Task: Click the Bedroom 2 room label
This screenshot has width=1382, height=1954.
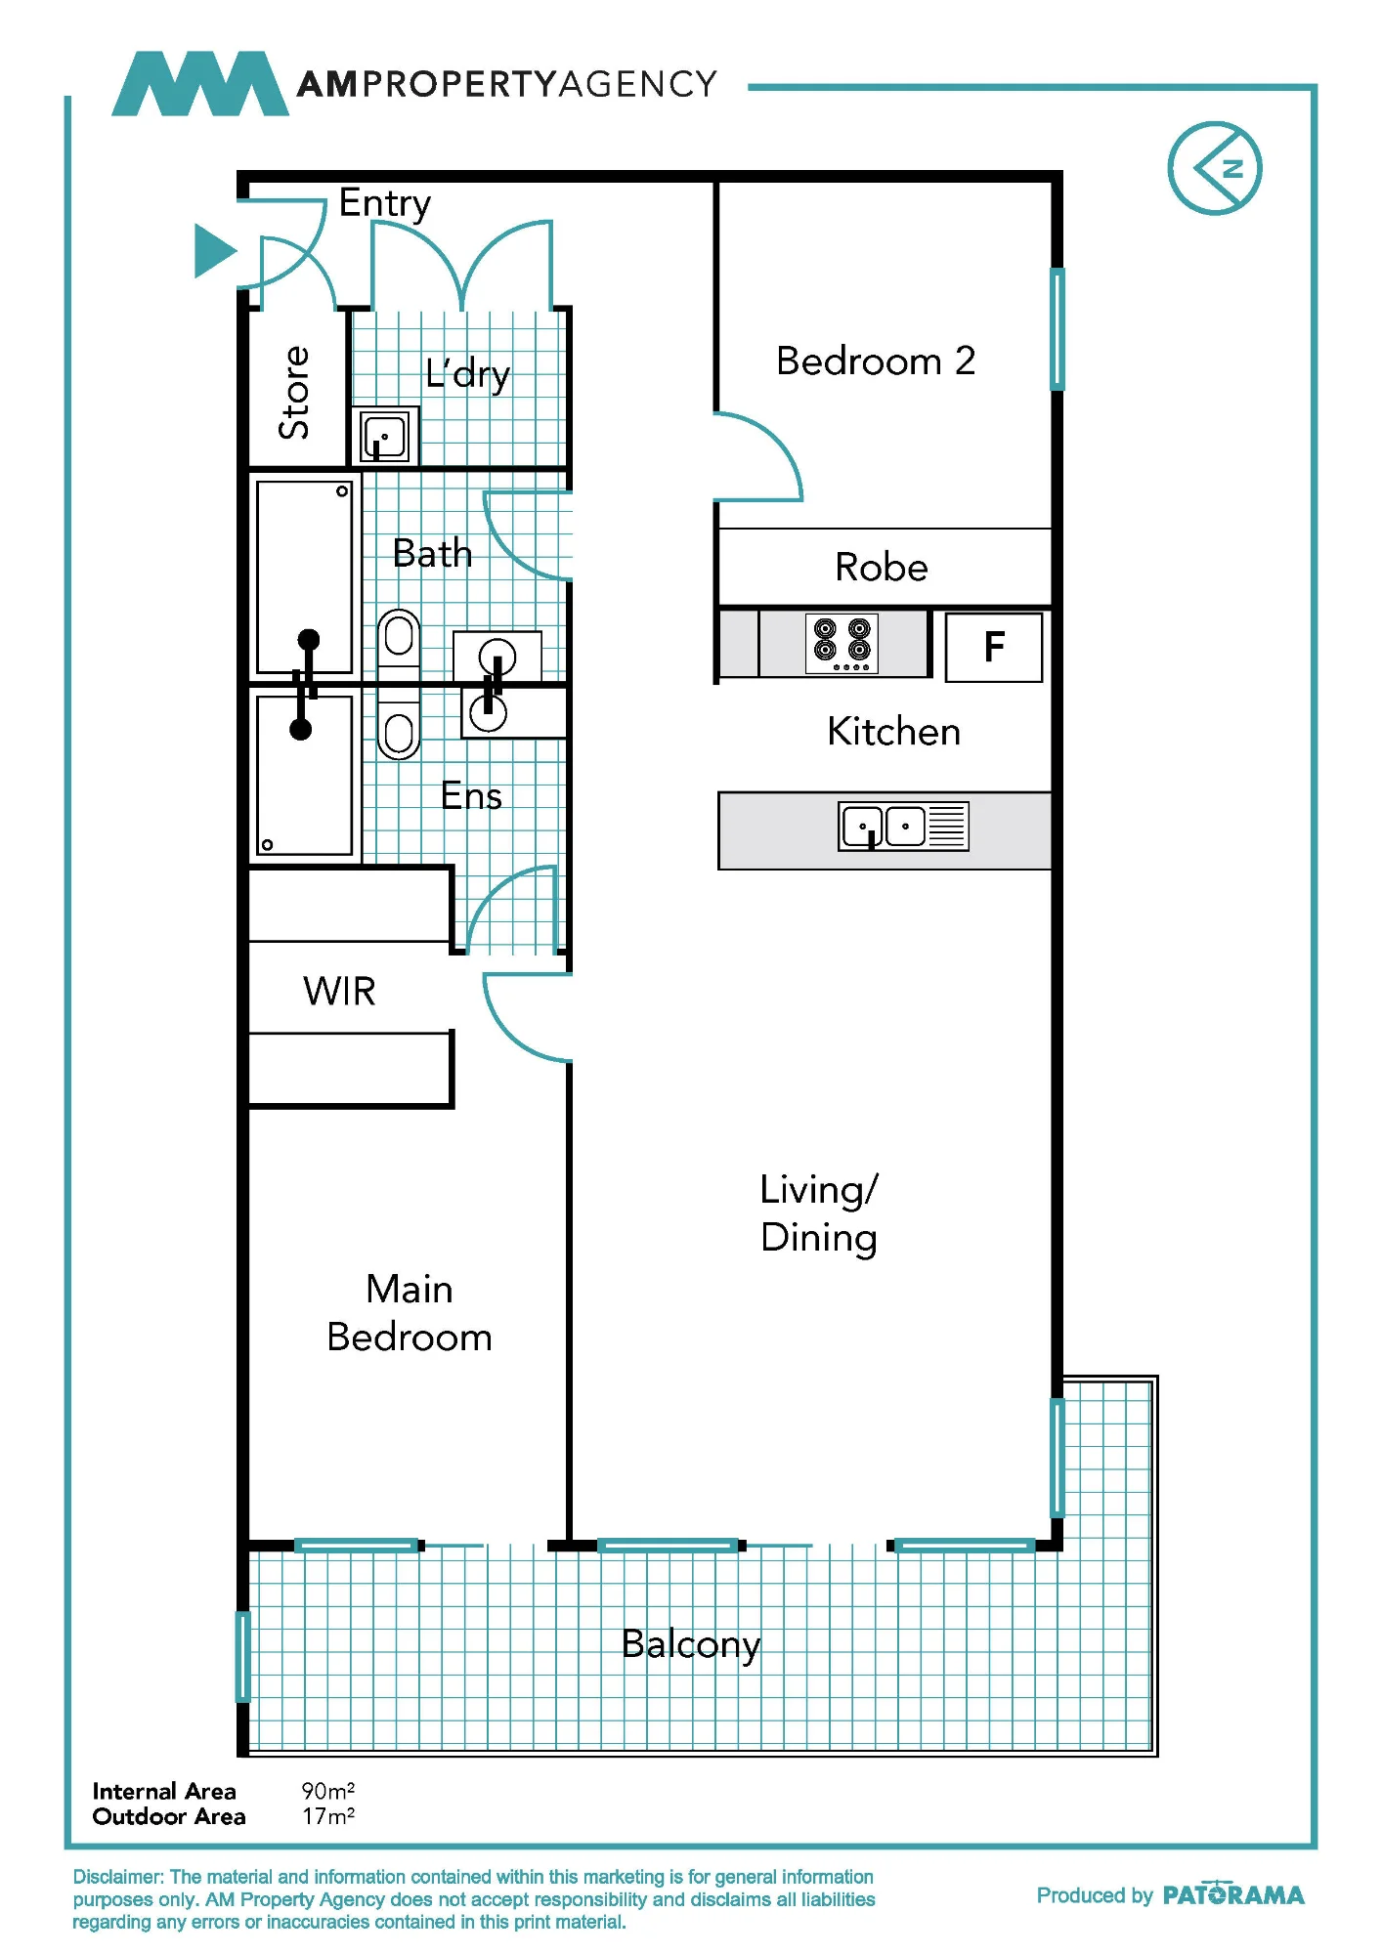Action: tap(876, 361)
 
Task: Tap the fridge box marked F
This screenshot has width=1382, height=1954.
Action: tap(994, 647)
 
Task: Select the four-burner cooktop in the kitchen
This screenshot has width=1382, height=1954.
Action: tap(842, 643)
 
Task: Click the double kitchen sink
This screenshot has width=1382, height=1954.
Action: tap(903, 827)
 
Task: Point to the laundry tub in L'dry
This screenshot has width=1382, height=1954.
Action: tap(385, 436)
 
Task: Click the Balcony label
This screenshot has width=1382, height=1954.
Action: tap(691, 1645)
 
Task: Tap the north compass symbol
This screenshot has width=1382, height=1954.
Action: tap(1215, 168)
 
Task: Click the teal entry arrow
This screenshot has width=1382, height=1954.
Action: tap(215, 251)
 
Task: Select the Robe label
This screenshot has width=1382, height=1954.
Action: tap(882, 568)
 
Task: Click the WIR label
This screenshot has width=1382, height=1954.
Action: tap(339, 992)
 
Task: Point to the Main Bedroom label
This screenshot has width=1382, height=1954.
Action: tap(410, 1313)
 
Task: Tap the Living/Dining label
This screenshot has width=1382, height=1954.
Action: tap(819, 1214)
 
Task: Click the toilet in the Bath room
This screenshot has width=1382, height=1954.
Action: tap(399, 640)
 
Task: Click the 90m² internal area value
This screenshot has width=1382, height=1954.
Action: tap(328, 1791)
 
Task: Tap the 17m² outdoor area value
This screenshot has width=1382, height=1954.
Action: tap(328, 1816)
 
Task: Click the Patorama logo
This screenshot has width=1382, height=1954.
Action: tap(1233, 1894)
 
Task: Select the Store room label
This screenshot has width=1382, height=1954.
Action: tap(294, 393)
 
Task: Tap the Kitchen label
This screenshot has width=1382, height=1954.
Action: tap(894, 732)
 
